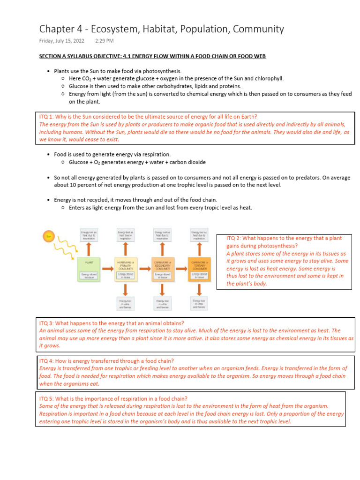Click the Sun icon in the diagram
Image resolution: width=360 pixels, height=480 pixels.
tap(49, 236)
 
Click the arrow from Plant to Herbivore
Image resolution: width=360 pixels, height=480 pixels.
tap(107, 269)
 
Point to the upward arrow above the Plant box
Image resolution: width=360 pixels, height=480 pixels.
tap(89, 248)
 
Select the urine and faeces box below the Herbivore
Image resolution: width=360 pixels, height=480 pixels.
tap(126, 303)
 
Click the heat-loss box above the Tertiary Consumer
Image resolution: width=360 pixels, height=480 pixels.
tap(200, 234)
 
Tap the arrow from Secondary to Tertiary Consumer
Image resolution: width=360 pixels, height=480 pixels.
tap(181, 269)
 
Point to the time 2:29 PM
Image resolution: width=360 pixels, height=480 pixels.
tap(104, 41)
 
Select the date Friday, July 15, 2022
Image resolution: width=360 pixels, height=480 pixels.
tap(61, 41)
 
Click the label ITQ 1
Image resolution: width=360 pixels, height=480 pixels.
tap(48, 117)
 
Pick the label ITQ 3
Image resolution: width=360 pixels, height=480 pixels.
tap(48, 323)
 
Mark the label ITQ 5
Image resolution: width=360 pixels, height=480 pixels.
tap(48, 398)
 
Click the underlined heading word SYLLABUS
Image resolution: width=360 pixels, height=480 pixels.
tap(86, 56)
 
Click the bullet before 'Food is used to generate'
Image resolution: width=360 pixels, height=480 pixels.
tap(49, 154)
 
